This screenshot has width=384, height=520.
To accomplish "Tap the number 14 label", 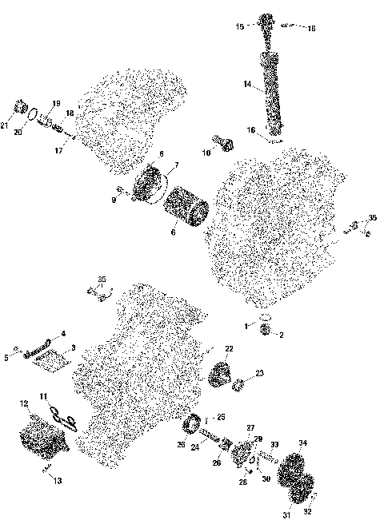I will pyautogui.click(x=247, y=82).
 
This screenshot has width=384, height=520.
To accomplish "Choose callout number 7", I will pyautogui.click(x=178, y=165).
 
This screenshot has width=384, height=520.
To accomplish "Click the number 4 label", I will pyautogui.click(x=64, y=333).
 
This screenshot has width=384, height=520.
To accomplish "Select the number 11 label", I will pyautogui.click(x=45, y=395).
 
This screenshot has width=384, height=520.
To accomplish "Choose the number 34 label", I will pyautogui.click(x=302, y=443).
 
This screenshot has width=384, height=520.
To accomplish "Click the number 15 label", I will pyautogui.click(x=239, y=26).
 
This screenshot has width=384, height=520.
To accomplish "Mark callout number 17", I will pyautogui.click(x=58, y=149).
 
